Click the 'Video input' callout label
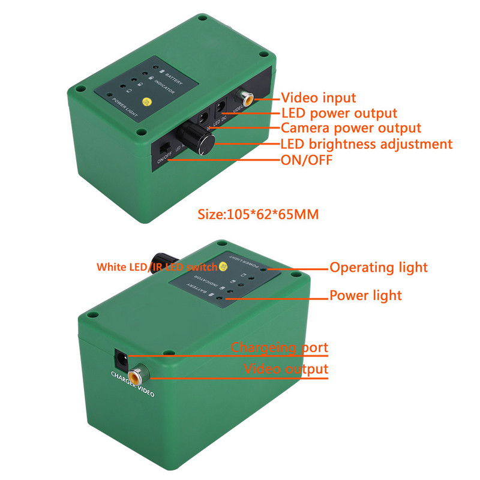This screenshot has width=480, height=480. (x=319, y=97)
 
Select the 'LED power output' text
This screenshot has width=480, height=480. (x=339, y=113)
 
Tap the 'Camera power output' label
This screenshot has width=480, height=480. (x=351, y=128)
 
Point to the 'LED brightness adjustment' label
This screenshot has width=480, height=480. (x=367, y=144)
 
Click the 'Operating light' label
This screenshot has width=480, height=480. (x=379, y=268)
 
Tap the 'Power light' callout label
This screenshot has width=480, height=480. (x=365, y=295)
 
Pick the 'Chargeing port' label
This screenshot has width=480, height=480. (x=280, y=347)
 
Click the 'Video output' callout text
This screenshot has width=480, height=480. (x=286, y=368)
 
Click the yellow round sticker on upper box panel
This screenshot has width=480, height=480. (x=145, y=103)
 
